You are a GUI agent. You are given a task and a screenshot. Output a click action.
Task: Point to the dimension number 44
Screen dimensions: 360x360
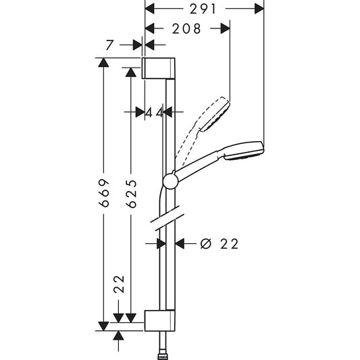pyautogui.click(x=155, y=113)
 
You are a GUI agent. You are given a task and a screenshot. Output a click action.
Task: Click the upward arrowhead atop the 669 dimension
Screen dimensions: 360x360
pyautogui.click(x=103, y=63)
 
